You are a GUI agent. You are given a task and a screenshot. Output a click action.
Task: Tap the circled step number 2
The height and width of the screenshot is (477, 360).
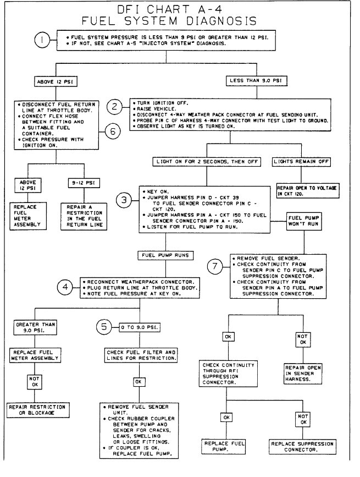pyautogui.click(x=113, y=106)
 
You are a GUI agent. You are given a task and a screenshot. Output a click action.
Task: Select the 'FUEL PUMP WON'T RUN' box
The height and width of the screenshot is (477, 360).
pyautogui.click(x=301, y=221)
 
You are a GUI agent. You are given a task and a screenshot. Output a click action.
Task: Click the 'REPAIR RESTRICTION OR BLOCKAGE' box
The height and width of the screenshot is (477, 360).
pyautogui.click(x=36, y=409)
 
